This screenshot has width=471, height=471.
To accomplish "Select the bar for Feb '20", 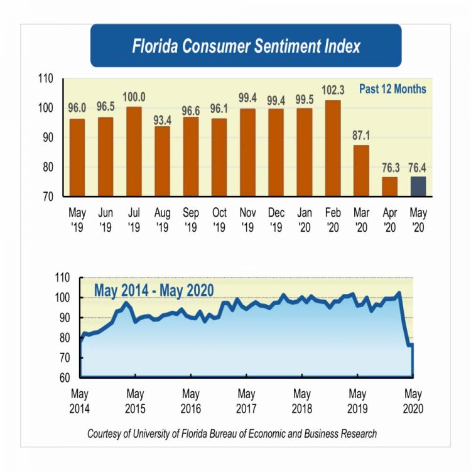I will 333,148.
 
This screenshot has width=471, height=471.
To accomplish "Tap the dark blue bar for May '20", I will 418,187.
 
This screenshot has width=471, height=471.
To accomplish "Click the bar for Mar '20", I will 362,171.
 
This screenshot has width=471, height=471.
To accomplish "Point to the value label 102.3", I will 333,89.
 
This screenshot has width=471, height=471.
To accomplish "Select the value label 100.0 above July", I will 133,97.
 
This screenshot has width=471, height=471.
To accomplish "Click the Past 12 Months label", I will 392,89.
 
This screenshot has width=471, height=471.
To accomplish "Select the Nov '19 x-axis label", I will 248,220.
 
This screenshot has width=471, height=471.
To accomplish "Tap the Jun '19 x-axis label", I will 105,220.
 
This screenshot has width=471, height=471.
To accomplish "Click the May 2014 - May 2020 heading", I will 154,290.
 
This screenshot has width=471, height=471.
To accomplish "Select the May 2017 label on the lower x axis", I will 246,401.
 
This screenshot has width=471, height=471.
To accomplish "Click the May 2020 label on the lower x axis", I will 413,401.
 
